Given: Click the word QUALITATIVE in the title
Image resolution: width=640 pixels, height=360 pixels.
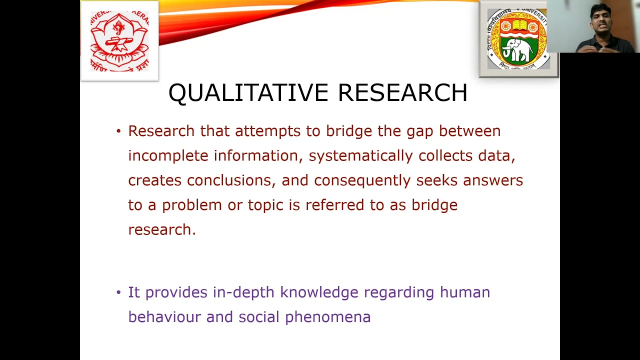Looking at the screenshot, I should click(248, 93).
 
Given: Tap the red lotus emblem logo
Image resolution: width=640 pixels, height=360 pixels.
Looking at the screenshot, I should click(119, 41).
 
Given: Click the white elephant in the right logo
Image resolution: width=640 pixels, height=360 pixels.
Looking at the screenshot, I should click(518, 50).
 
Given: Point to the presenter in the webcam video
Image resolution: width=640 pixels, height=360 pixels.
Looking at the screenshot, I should click(602, 27).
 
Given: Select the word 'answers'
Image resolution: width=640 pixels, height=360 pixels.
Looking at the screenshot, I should click(492, 180).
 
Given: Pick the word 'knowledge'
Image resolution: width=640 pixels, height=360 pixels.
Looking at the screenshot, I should click(319, 292).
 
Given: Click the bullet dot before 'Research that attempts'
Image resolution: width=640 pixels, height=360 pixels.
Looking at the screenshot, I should click(118, 131).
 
